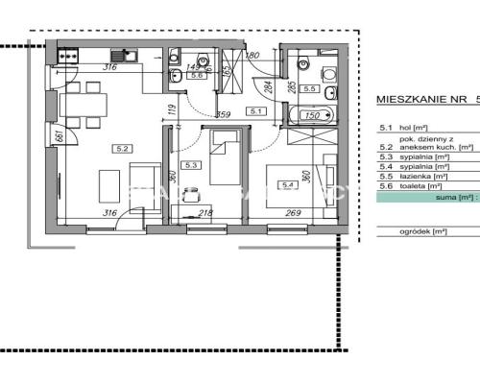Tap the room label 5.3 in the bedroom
193,164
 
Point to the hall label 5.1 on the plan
255,111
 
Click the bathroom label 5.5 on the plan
309,88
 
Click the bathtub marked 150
310,116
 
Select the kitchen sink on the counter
122,56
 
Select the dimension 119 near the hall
171,108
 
